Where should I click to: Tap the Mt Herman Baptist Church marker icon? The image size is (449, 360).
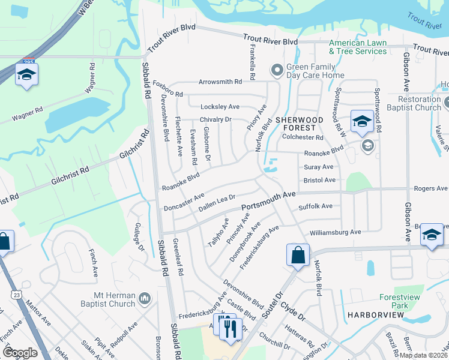pyautogui.click(x=144, y=298)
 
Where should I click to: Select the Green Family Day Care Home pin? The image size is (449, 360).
pyautogui.click(x=277, y=71)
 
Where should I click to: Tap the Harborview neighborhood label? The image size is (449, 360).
pyautogui.click(x=370, y=314)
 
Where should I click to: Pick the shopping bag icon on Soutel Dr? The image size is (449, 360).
pyautogui.click(x=297, y=255)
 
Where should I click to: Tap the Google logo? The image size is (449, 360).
pyautogui.click(x=20, y=353)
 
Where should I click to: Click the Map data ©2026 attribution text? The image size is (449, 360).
pyautogui.click(x=423, y=355)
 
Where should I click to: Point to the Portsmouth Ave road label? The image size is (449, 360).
pyautogui.click(x=268, y=201)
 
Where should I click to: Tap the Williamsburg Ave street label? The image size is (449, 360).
pyautogui.click(x=335, y=232)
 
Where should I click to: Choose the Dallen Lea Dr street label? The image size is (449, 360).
pyautogui.click(x=217, y=202)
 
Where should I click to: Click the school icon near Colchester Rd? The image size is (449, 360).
pyautogui.click(x=361, y=122)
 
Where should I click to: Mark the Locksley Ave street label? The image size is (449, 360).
pyautogui.click(x=220, y=106)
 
